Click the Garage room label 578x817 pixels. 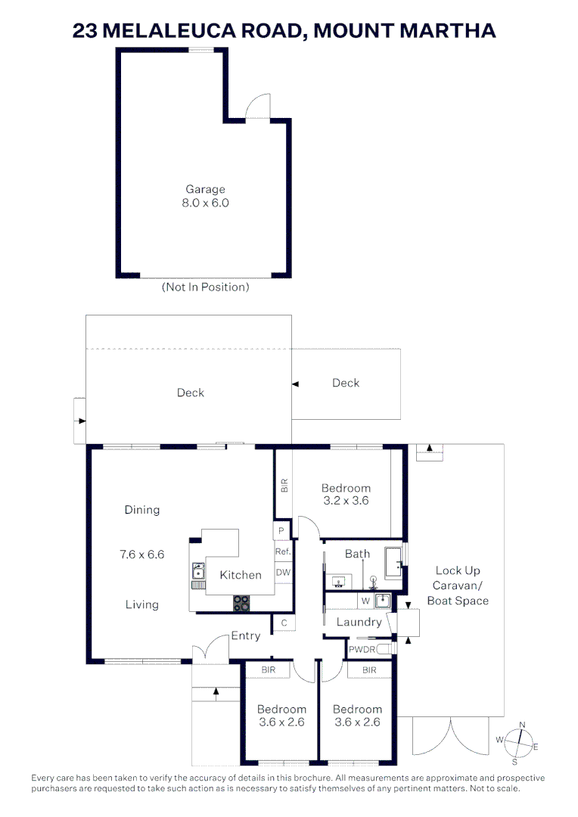click(x=205, y=189)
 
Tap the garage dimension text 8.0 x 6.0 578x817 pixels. click(x=205, y=203)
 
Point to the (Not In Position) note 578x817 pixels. click(x=205, y=287)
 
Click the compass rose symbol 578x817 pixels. click(x=518, y=739)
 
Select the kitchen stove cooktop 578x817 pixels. click(x=241, y=603)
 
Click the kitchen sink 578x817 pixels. click(x=197, y=569)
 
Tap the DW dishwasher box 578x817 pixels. click(x=283, y=573)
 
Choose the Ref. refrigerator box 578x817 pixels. click(x=283, y=552)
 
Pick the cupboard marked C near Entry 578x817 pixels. click(x=284, y=623)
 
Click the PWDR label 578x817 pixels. click(x=360, y=649)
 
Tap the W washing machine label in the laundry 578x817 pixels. click(x=365, y=601)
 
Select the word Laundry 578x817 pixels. click(x=359, y=622)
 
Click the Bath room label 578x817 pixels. click(x=357, y=554)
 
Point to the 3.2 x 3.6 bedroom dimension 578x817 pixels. click(x=346, y=501)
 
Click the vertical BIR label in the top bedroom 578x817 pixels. click(x=284, y=486)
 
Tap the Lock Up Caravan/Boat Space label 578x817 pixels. click(x=458, y=586)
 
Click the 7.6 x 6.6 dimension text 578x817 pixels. click(x=141, y=555)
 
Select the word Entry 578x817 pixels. click(x=246, y=636)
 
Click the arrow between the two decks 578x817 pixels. click(x=296, y=384)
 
